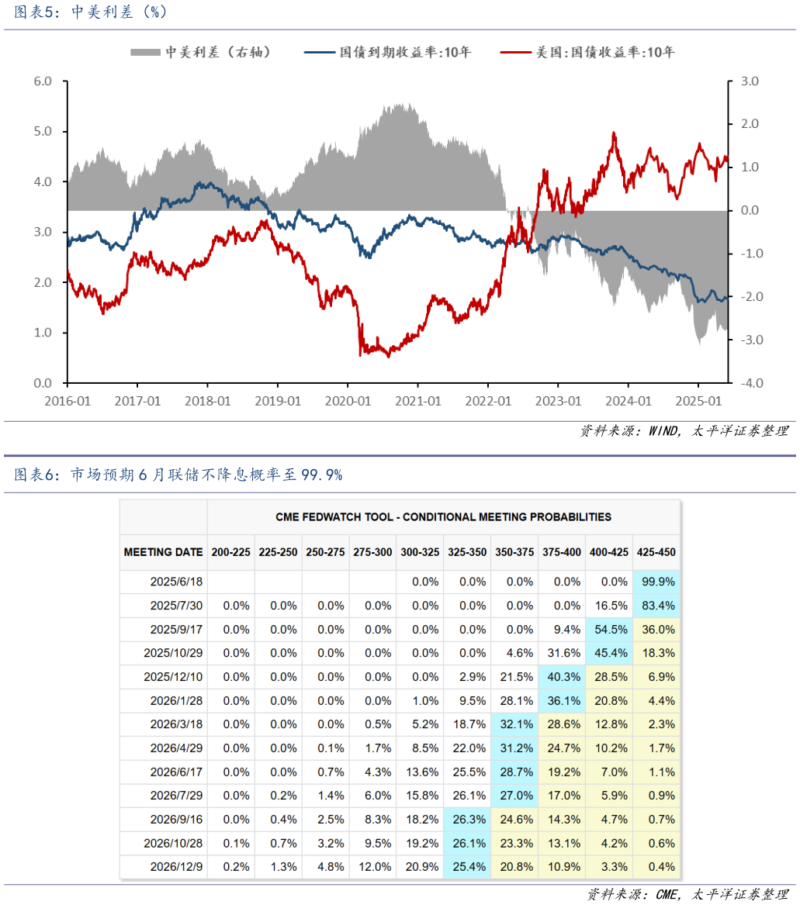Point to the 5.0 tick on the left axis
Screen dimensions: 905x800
[43, 131]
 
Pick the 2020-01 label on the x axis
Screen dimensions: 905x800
[347, 401]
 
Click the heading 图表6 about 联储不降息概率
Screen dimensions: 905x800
[178, 475]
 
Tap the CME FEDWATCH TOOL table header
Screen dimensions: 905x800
[443, 516]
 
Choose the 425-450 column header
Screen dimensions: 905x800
[656, 552]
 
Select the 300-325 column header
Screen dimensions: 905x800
[420, 552]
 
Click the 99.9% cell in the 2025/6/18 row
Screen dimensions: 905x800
[656, 582]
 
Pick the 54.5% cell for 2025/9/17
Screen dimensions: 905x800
[609, 630]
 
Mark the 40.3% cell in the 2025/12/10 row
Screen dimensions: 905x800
[562, 677]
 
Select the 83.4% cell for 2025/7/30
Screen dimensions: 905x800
[656, 606]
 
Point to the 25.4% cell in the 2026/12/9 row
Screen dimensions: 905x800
[467, 867]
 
